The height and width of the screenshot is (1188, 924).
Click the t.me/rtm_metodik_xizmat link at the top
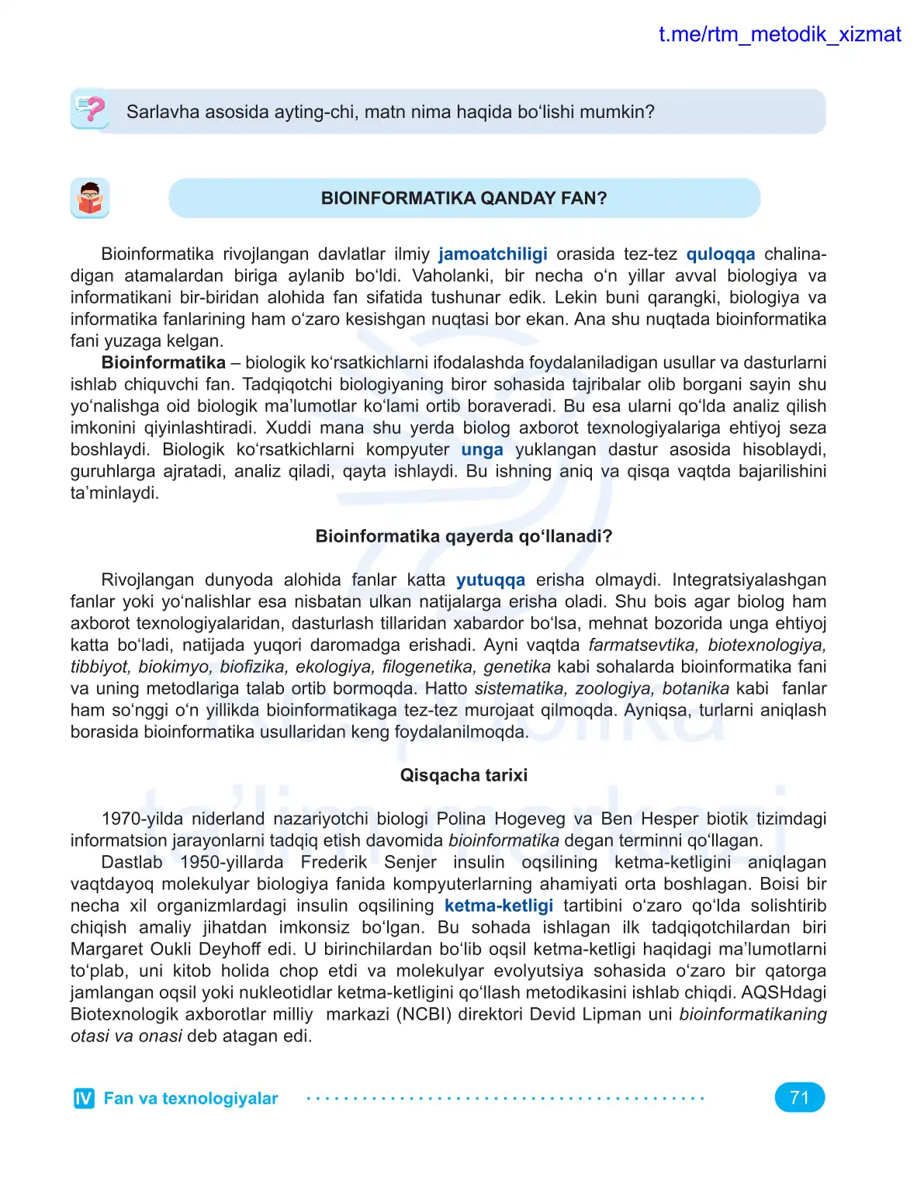pos(779,34)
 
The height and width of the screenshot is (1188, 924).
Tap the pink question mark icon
pos(91,109)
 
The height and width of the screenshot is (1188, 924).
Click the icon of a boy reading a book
pos(90,199)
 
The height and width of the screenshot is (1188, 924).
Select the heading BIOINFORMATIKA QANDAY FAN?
pos(463,199)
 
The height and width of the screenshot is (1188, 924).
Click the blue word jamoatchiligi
pos(493,255)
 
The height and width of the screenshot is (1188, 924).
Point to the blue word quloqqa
pos(720,255)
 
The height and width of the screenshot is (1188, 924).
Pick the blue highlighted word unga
pos(482,450)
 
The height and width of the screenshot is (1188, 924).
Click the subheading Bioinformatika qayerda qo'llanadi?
pos(463,536)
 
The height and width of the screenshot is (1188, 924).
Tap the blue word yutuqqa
pos(490,580)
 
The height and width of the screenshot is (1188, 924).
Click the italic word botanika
pos(695,689)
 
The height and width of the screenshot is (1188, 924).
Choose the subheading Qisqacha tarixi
pos(463,775)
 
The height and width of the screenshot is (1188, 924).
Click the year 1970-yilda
pos(142,819)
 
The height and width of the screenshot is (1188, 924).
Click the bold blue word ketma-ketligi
pos(498,906)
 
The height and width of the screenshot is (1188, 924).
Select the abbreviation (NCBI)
pos(424,1015)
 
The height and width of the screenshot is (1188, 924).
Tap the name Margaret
pos(105,950)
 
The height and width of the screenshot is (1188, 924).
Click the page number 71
pos(799,1097)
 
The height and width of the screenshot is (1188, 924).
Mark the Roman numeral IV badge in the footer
pos(84,1098)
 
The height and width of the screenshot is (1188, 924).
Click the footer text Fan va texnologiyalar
pos(191,1098)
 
